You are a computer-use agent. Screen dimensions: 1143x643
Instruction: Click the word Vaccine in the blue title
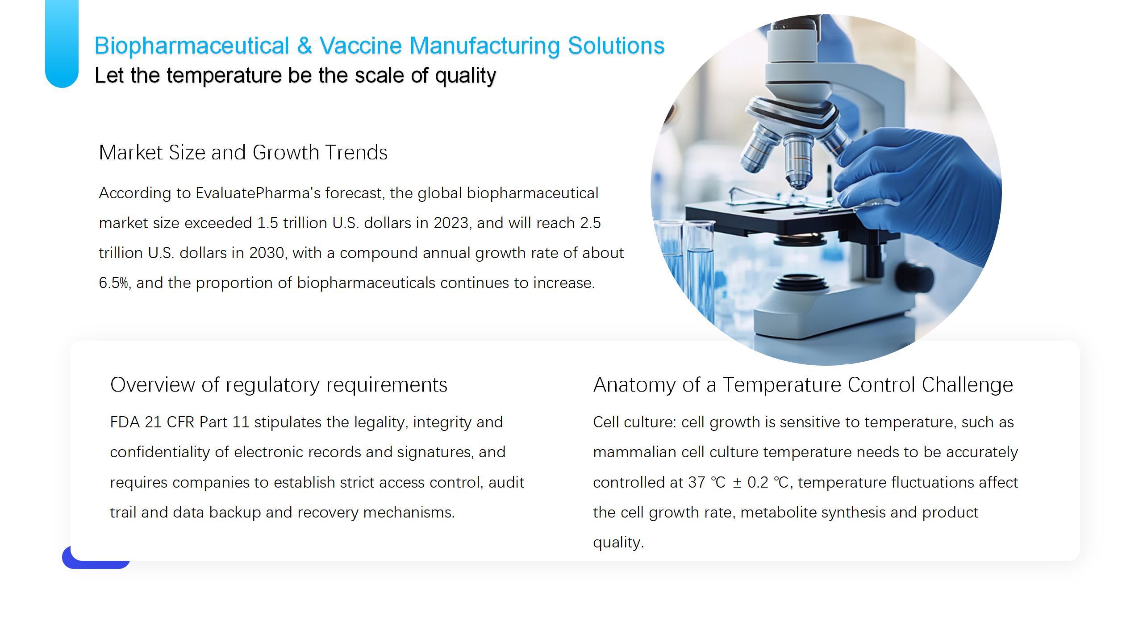click(361, 46)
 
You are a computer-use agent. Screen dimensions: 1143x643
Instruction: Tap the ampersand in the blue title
click(304, 46)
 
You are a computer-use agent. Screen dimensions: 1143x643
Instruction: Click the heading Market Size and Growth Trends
click(243, 152)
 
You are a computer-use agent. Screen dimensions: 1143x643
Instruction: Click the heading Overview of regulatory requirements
click(279, 384)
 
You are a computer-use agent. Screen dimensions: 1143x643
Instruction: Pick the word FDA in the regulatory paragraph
click(125, 422)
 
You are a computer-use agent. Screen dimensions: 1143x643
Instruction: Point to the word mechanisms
click(409, 512)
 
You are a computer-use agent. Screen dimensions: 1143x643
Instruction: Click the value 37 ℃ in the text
click(707, 482)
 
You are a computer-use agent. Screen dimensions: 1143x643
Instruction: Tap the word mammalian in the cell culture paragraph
click(634, 452)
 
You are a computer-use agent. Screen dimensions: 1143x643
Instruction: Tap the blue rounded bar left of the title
click(62, 43)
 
